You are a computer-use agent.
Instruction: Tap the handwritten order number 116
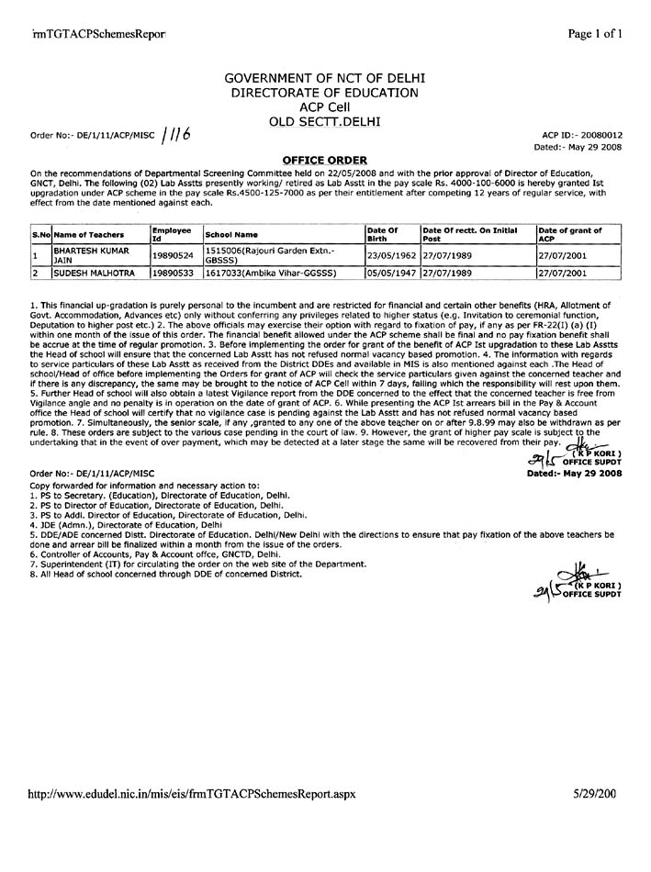point(174,135)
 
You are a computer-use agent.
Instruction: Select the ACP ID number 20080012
point(600,134)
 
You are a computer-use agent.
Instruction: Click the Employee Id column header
point(172,234)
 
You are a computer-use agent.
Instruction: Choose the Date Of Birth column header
point(381,234)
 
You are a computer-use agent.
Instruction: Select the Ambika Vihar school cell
point(271,273)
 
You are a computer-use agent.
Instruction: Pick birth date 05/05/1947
point(392,273)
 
